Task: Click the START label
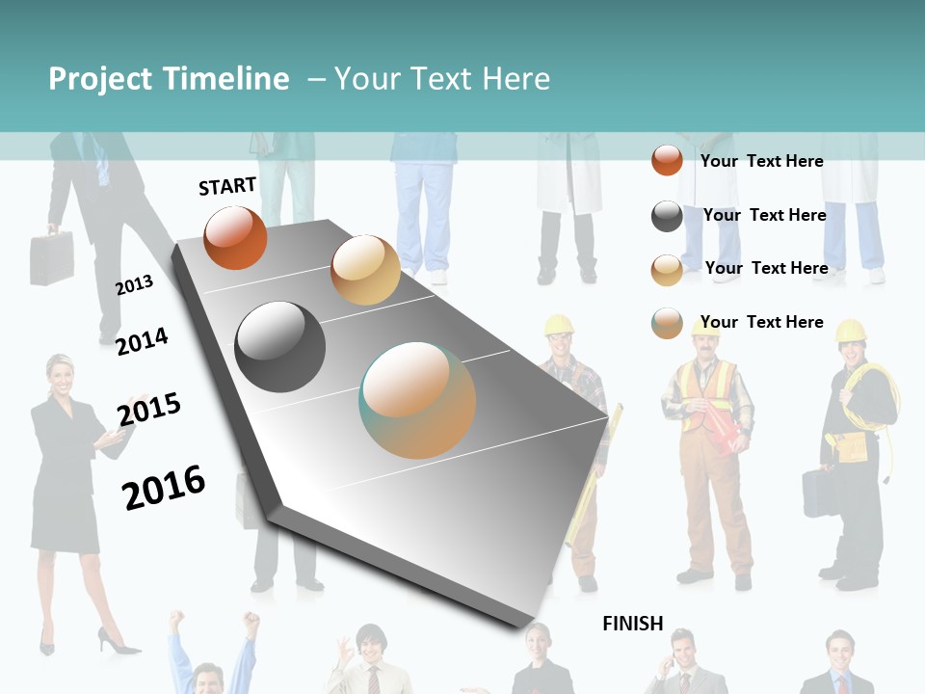coord(227,186)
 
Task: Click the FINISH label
coord(633,624)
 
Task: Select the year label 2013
coord(135,285)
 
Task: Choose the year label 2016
coord(164,488)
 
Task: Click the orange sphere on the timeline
coord(235,237)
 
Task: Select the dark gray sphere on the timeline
coord(280,347)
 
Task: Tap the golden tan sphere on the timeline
coord(365,270)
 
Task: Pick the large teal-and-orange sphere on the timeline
coord(417,400)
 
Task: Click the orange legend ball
coord(667,160)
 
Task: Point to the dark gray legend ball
coord(667,216)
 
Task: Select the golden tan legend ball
coord(667,270)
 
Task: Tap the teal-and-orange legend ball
coord(667,323)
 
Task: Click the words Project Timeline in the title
coord(169,79)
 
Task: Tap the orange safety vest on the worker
coord(708,395)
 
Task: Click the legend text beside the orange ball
coord(761,161)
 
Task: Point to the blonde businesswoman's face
coord(61,374)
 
